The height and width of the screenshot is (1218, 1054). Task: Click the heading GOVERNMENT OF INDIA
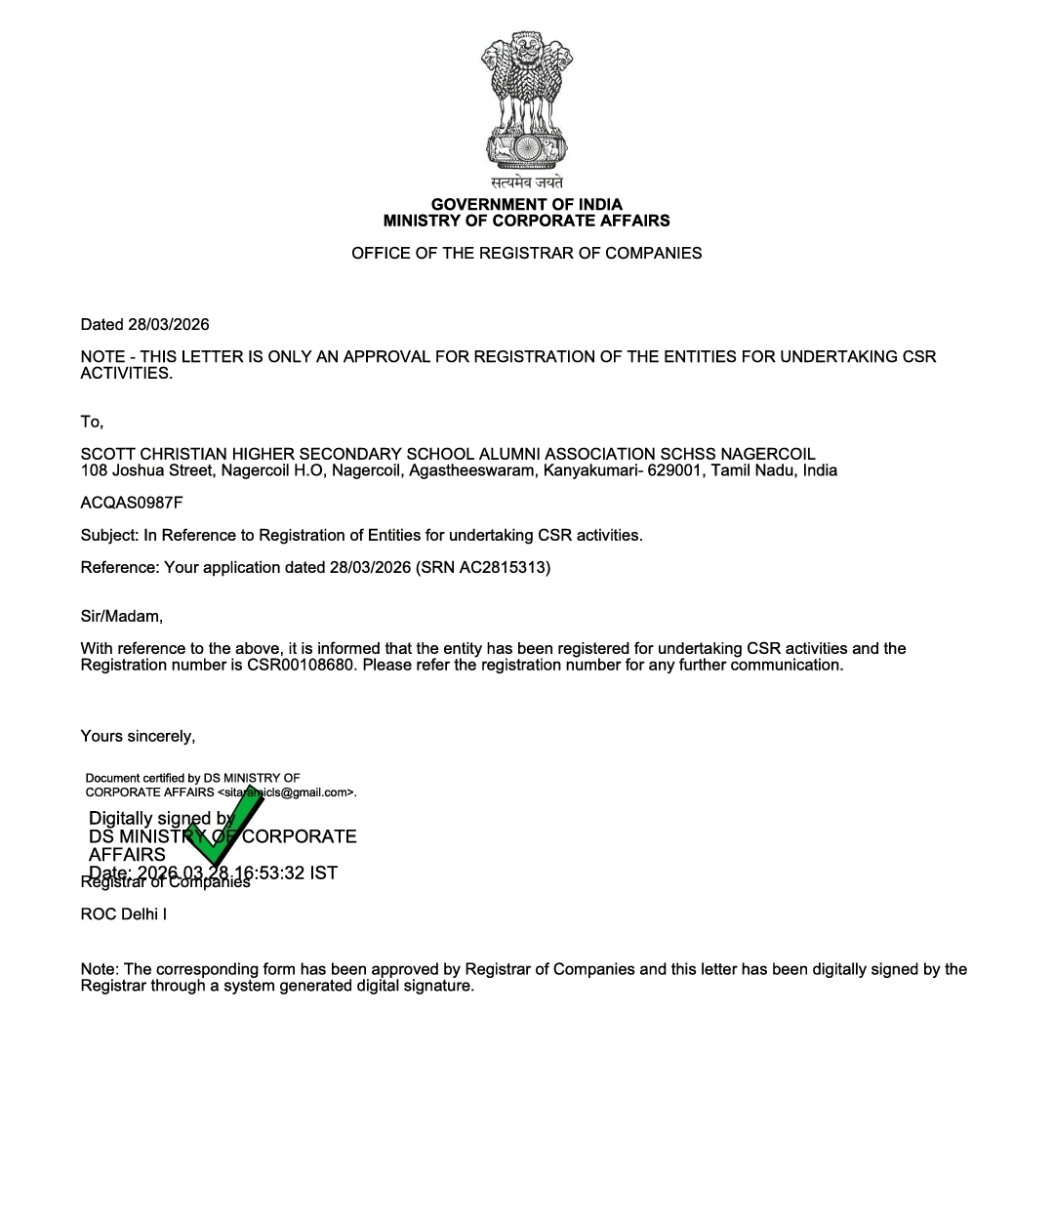tap(526, 204)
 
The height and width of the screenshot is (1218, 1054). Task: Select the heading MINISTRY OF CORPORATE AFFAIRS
tap(526, 221)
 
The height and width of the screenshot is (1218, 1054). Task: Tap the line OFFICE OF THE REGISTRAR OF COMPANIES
tap(526, 253)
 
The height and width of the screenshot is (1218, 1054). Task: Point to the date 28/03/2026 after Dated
tap(168, 324)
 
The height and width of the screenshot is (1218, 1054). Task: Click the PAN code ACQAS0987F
tap(132, 503)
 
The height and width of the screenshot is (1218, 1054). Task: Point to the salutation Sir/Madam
tap(122, 616)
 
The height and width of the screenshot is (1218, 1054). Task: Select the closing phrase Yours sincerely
tap(138, 736)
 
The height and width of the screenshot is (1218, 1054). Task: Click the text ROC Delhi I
tap(124, 914)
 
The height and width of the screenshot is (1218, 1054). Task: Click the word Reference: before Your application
tap(120, 567)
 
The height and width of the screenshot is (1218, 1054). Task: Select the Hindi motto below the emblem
tap(527, 183)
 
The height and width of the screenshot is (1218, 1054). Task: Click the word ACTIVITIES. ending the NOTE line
tap(126, 373)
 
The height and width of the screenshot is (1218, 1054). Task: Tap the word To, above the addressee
tap(92, 422)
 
